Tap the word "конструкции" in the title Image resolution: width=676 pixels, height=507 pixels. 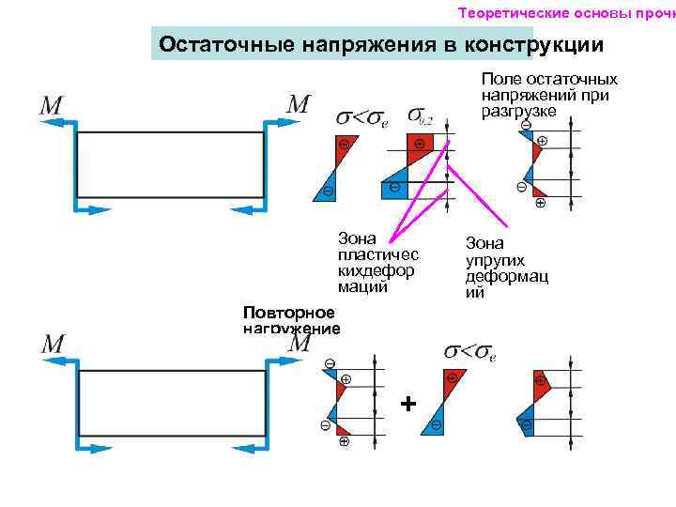(543, 44)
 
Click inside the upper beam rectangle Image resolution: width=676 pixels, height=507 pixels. (170, 165)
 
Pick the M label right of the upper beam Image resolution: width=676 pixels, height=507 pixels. (297, 103)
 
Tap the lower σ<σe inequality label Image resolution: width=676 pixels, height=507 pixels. (469, 352)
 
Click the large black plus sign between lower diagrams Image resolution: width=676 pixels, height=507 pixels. (407, 404)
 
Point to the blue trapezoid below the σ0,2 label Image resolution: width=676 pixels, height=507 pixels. (395, 182)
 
